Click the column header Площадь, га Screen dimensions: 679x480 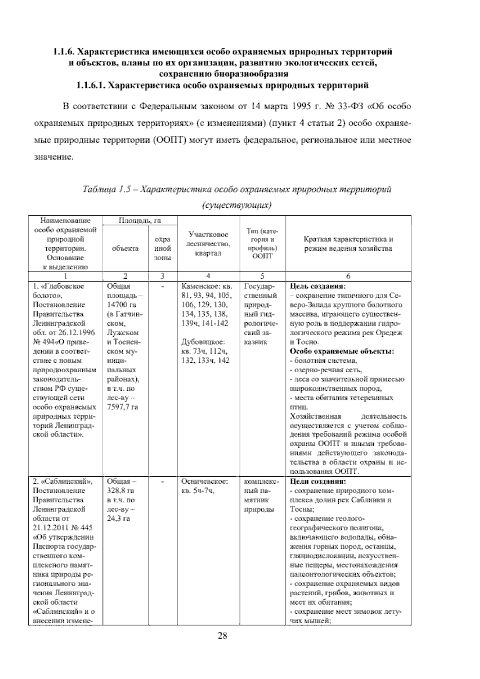[x=137, y=221]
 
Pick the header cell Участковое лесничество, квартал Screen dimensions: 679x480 [x=208, y=244]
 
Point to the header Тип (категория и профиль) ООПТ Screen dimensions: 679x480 [x=262, y=244]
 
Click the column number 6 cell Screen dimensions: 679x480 [x=348, y=276]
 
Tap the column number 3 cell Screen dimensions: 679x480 [x=162, y=276]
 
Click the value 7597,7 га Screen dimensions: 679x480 [x=122, y=407]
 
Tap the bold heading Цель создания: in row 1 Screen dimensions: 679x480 [x=317, y=287]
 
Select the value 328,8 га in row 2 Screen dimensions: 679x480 [x=120, y=490]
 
